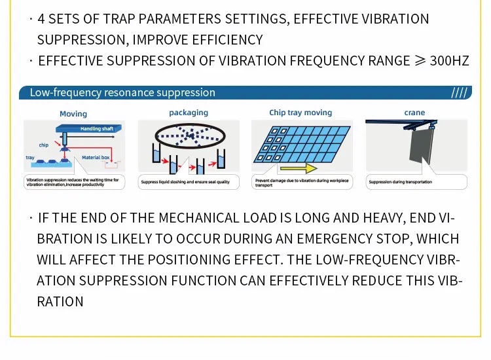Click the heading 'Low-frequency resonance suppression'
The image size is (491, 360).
click(122, 92)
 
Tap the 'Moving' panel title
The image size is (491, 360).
click(73, 114)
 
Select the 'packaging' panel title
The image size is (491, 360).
click(189, 113)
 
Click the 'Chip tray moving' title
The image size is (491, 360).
click(300, 113)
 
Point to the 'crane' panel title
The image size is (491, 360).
click(414, 113)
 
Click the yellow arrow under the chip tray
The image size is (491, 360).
click(299, 168)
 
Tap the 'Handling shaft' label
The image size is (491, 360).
click(97, 129)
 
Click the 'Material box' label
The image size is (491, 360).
click(96, 158)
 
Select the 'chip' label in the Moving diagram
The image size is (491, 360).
click(44, 145)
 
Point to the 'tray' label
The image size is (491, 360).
click(30, 158)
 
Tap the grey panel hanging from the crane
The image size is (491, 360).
click(421, 145)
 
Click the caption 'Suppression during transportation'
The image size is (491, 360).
click(400, 182)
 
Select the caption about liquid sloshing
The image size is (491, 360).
click(185, 182)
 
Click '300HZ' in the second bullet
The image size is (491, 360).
click(449, 61)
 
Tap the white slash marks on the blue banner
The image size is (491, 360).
click(460, 93)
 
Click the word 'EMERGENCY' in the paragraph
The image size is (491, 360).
click(335, 239)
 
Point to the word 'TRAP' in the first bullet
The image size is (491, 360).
click(120, 19)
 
